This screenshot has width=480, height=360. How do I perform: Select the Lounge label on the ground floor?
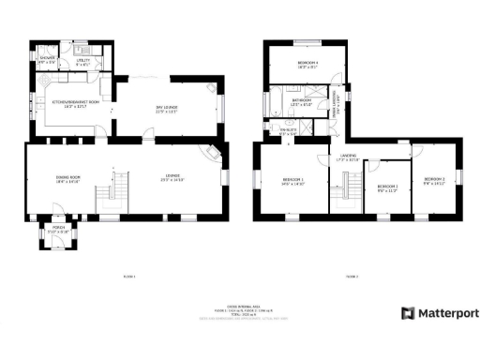(173, 178)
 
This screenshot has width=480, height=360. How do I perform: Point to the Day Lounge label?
(167, 109)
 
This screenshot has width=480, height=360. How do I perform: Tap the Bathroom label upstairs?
(301, 102)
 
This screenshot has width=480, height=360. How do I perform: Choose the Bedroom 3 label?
(387, 187)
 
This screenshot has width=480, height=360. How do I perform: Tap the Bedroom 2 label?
(433, 180)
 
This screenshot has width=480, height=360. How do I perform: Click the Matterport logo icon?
(407, 313)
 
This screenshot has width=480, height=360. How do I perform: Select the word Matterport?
(442, 313)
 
